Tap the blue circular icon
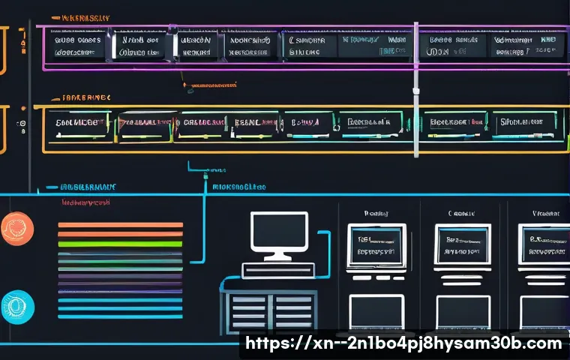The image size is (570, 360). click(x=16, y=306)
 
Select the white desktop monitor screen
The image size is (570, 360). click(x=279, y=232)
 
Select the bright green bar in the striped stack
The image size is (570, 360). click(x=120, y=243)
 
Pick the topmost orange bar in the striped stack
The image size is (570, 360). click(x=120, y=224)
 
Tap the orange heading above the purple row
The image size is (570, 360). click(x=85, y=17)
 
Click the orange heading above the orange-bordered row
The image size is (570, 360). click(x=85, y=97)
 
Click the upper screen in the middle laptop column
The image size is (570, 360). click(x=463, y=244)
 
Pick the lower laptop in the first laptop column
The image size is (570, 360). click(x=376, y=311)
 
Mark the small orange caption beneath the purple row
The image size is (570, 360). click(x=214, y=85)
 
